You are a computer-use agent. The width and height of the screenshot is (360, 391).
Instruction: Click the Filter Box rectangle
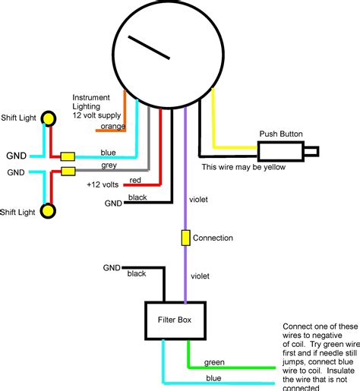point(175,320)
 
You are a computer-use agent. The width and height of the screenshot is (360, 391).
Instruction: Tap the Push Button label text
point(281,134)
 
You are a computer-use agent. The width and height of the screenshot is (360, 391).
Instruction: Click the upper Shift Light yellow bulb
point(49,118)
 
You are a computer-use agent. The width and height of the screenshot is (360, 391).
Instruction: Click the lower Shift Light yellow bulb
point(49,210)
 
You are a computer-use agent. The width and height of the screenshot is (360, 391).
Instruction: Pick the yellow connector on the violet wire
point(185,238)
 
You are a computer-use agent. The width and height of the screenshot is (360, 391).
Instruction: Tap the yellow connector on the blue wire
point(68,156)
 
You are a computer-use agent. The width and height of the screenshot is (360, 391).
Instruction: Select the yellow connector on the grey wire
point(68,172)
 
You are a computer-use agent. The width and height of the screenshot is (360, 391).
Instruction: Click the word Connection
point(213,238)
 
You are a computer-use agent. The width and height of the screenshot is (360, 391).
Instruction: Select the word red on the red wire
point(134,181)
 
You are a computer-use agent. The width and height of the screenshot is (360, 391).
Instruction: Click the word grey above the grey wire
point(109,166)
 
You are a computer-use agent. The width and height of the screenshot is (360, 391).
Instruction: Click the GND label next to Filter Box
point(112,267)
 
